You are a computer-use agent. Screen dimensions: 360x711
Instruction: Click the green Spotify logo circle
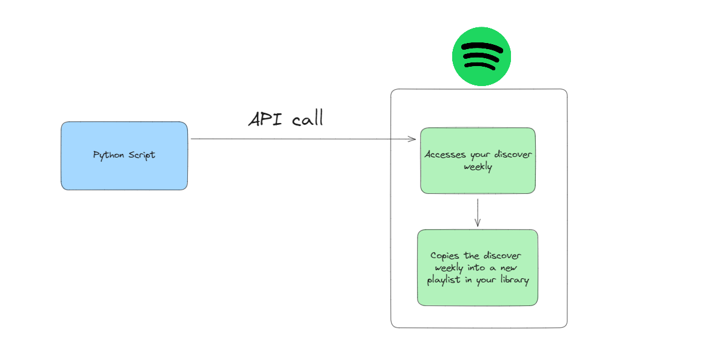pos(482,56)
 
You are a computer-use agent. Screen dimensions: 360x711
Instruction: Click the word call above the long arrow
pos(307,119)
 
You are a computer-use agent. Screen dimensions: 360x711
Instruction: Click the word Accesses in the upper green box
pos(446,155)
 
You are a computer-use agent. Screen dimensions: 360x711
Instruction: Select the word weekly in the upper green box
pos(478,167)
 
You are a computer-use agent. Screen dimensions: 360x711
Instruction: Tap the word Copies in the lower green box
pos(444,256)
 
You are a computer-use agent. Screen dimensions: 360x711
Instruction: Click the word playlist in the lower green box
pos(444,281)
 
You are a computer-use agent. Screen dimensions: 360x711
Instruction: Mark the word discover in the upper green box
pos(514,155)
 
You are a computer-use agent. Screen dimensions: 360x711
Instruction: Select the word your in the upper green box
pos(481,155)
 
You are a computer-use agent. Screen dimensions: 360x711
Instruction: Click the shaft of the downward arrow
pos(478,211)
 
